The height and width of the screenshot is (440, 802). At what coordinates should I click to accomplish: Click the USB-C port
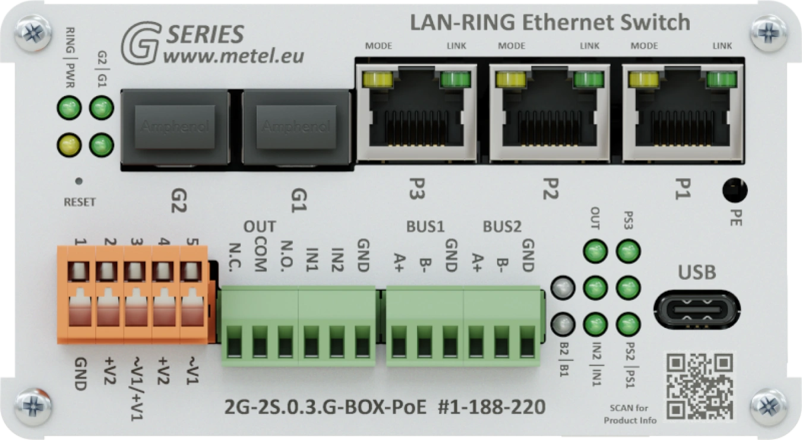coord(697,311)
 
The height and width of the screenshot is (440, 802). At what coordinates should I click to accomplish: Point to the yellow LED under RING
coord(69,143)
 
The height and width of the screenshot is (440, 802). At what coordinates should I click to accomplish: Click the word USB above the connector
coord(697,273)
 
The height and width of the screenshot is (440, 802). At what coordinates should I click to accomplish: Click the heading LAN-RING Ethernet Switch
coord(550,23)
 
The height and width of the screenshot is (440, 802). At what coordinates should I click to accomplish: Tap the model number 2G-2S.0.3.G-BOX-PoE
coord(326,407)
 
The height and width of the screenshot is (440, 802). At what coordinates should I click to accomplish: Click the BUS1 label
coord(425,227)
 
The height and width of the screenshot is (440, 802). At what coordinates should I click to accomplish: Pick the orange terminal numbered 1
coord(79,294)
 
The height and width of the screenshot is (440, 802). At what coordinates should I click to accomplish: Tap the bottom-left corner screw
coord(33,407)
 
